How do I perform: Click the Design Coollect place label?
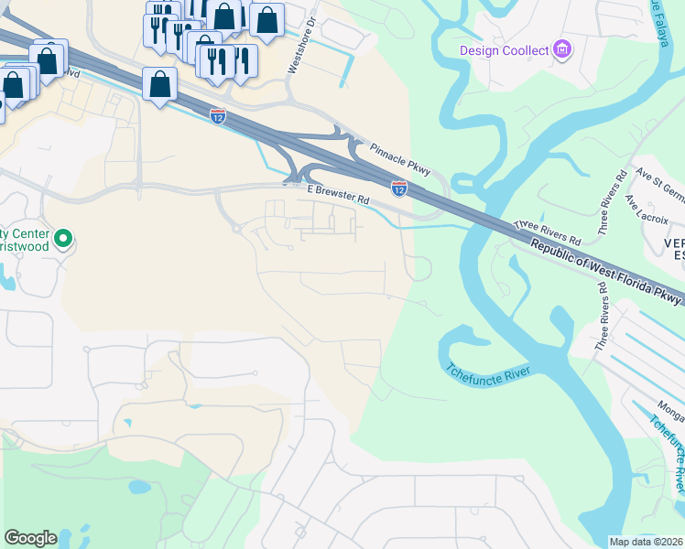click(x=505, y=50)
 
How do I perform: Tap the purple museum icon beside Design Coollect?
click(x=562, y=48)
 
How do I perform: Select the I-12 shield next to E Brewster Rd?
click(x=399, y=188)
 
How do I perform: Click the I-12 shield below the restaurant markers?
click(x=217, y=115)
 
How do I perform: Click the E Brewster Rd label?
click(x=338, y=195)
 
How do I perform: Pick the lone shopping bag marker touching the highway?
click(x=160, y=84)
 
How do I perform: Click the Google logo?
click(x=30, y=538)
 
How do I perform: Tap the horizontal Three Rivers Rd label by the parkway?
click(x=548, y=229)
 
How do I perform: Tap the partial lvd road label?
click(x=72, y=73)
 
